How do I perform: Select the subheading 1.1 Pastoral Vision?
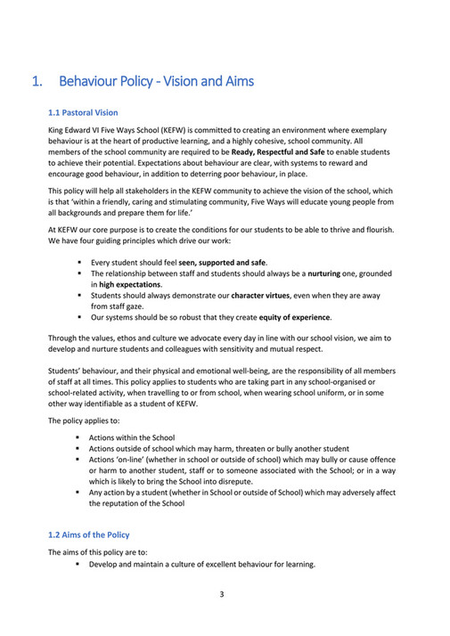pyautogui.click(x=83, y=113)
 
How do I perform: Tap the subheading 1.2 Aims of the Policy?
pyautogui.click(x=88, y=534)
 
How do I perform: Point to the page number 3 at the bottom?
pyautogui.click(x=221, y=594)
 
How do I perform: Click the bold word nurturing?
pyautogui.click(x=331, y=273)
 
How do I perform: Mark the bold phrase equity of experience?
pyautogui.click(x=292, y=316)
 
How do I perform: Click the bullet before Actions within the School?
pyautogui.click(x=78, y=437)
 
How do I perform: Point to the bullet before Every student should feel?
pyautogui.click(x=78, y=263)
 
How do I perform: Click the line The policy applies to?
pyautogui.click(x=78, y=420)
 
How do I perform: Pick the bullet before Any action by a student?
pyautogui.click(x=78, y=492)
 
